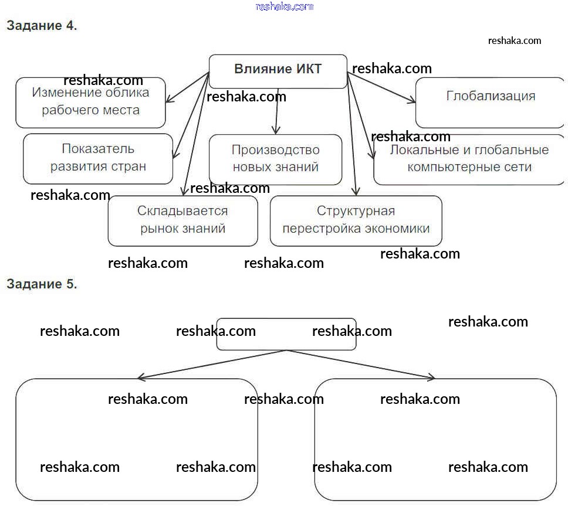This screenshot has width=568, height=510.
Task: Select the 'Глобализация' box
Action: click(490, 103)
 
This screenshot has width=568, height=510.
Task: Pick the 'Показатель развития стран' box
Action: click(98, 158)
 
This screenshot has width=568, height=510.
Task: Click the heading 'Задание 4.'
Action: click(42, 26)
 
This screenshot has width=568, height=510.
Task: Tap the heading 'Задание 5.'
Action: click(42, 284)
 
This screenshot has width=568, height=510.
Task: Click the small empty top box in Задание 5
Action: click(286, 334)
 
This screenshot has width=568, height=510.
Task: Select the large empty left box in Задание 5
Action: click(136, 440)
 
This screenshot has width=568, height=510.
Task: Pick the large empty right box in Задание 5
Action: click(435, 440)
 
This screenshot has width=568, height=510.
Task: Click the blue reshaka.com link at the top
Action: click(285, 6)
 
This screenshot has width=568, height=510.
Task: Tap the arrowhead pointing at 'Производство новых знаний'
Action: click(276, 131)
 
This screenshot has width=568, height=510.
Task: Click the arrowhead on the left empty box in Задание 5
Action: click(140, 378)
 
